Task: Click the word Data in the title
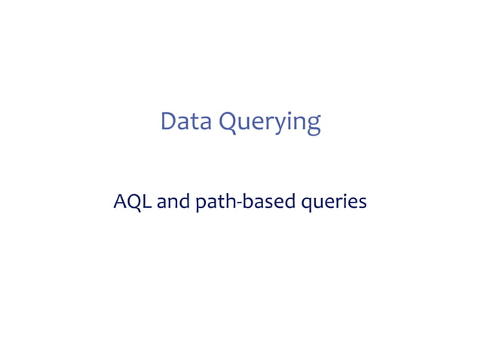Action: (186, 121)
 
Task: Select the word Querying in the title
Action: (270, 123)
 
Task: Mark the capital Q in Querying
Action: (229, 122)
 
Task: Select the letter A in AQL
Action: (120, 202)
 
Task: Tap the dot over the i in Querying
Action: (293, 112)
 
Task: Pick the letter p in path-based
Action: (201, 205)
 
